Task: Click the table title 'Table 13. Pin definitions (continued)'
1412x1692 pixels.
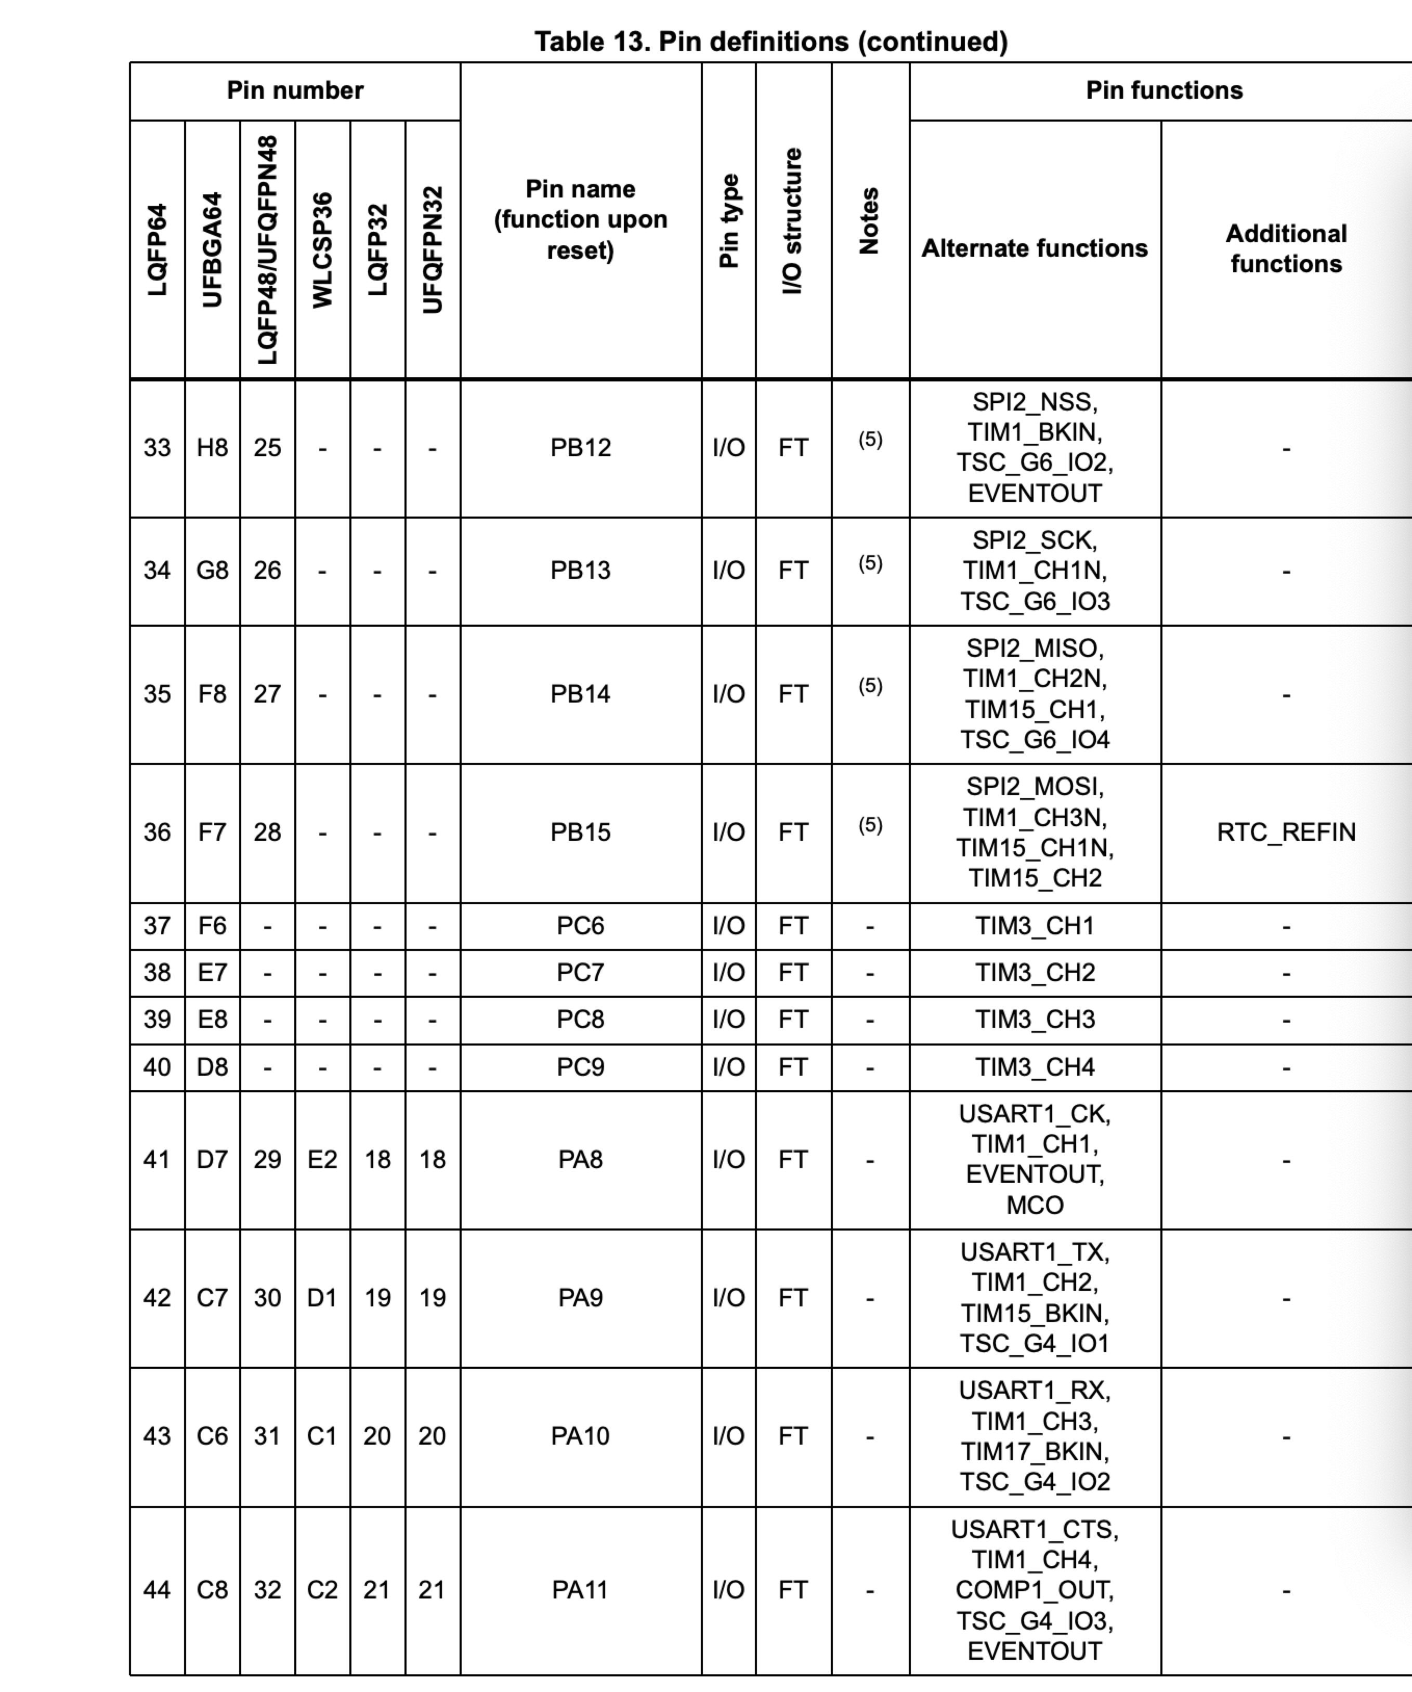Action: (x=770, y=41)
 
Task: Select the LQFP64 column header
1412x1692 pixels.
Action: (x=157, y=250)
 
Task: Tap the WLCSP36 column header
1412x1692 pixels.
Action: (x=322, y=250)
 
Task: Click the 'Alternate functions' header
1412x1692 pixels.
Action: (x=1034, y=248)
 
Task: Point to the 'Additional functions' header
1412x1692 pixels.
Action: (x=1286, y=248)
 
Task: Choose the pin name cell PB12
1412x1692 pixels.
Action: (x=580, y=447)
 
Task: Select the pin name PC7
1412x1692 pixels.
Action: (x=580, y=972)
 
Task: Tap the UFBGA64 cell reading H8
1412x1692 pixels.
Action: (x=212, y=447)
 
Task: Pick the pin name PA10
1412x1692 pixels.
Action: (x=580, y=1436)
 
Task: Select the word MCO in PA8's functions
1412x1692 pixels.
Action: (x=1035, y=1206)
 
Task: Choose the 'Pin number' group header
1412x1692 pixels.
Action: (x=295, y=90)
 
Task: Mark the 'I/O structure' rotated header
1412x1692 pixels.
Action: (x=793, y=221)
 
